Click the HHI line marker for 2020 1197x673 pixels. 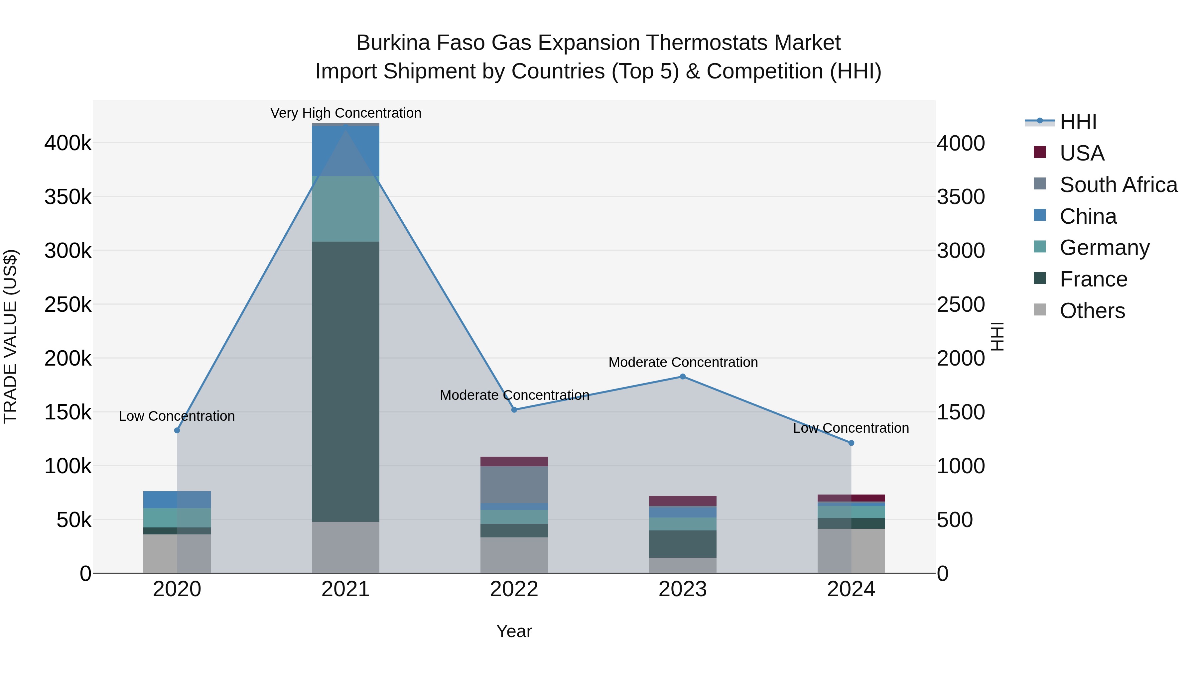[177, 430]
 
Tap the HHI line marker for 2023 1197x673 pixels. [683, 377]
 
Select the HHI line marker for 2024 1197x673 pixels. [851, 443]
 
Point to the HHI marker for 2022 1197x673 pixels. [514, 410]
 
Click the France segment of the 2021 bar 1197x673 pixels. [345, 381]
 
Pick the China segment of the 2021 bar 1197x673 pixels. [345, 151]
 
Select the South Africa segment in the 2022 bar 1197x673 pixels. [514, 485]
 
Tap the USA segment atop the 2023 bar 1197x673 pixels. [683, 501]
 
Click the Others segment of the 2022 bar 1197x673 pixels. [514, 555]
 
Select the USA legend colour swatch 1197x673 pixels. [1039, 152]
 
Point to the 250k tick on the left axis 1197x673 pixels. [68, 305]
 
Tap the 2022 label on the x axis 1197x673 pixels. [514, 589]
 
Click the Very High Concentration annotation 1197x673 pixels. [346, 113]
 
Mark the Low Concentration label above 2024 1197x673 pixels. [851, 428]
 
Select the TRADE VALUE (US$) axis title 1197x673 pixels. [10, 336]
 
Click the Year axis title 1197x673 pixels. [514, 631]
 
